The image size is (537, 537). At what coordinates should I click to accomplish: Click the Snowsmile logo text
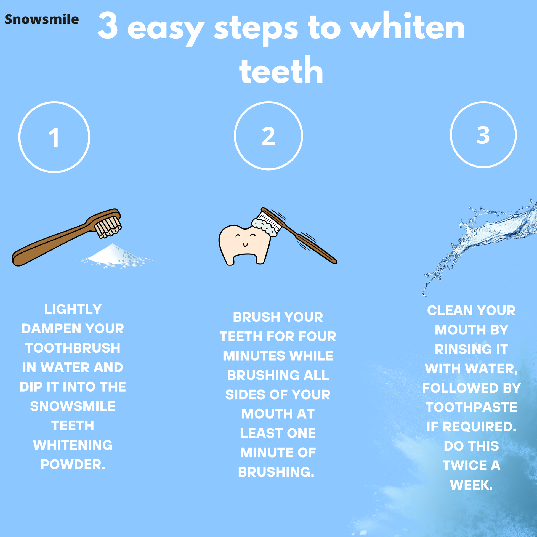click(42, 20)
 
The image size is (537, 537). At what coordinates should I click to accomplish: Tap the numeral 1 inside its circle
click(54, 138)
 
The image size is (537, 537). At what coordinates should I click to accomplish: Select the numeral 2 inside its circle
click(268, 136)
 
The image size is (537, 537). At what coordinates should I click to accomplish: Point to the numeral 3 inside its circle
click(483, 135)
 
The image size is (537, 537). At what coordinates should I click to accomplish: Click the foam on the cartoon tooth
click(265, 227)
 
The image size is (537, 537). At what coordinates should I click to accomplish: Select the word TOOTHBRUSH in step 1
click(73, 348)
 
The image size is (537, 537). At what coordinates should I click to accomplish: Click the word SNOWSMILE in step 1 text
click(73, 406)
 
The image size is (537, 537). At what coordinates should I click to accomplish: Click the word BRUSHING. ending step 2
click(276, 472)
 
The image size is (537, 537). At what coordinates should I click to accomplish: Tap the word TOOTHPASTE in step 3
click(471, 407)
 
